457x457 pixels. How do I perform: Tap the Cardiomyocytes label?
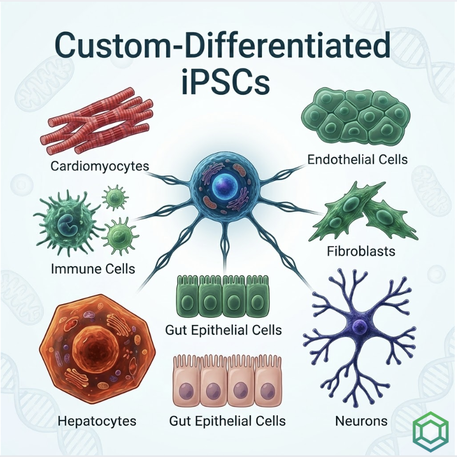coord(100,166)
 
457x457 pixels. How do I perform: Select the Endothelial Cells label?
coord(357,159)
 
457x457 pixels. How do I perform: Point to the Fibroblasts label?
coord(361,251)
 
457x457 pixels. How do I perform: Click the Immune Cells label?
coord(93,269)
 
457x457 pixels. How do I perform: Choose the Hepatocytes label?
coord(97,421)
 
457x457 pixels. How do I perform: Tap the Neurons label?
coord(361,421)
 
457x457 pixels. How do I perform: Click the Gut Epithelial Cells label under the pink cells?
coord(227,421)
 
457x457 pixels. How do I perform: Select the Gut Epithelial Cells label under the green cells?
coord(224,330)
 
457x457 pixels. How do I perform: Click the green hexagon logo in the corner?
coord(431,431)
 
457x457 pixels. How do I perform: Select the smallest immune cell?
coord(115,197)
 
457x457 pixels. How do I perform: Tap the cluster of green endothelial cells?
coord(356,116)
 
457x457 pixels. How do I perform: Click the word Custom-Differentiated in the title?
coord(222,47)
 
